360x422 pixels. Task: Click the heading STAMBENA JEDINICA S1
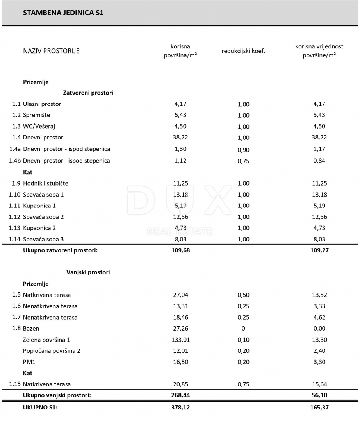(63, 13)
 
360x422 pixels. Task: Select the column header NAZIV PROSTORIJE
(51, 51)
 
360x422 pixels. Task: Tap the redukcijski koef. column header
(243, 51)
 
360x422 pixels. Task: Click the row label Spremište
(37, 115)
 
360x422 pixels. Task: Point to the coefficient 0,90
(243, 150)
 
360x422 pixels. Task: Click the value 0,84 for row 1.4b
(319, 161)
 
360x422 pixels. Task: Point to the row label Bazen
(31, 329)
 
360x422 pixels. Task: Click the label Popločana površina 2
(52, 351)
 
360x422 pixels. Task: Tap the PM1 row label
(29, 362)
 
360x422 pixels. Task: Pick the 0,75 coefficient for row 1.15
(243, 384)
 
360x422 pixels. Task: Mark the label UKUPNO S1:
(41, 408)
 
